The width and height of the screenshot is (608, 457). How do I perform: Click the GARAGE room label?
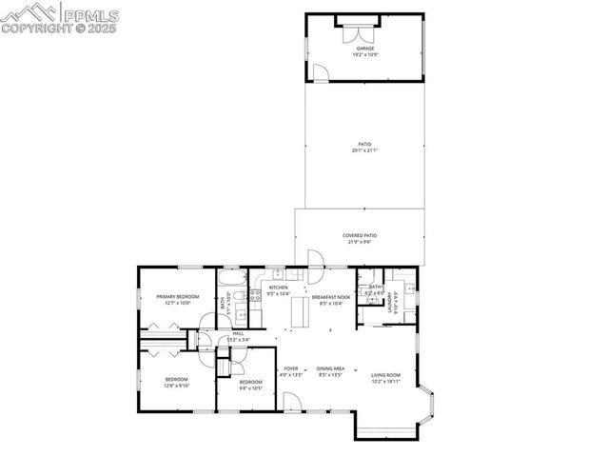click(365, 48)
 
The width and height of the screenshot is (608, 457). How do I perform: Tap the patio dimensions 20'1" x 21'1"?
click(365, 150)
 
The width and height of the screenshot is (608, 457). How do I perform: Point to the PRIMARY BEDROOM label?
click(178, 296)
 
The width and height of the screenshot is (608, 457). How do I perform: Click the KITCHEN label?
click(278, 288)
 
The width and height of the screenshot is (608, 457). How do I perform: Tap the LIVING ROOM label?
click(385, 374)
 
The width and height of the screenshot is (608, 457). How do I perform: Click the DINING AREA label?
click(331, 368)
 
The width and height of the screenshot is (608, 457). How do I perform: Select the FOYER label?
click(291, 368)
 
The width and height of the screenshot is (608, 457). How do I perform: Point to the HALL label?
click(238, 333)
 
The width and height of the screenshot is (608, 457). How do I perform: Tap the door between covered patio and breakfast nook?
click(316, 259)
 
